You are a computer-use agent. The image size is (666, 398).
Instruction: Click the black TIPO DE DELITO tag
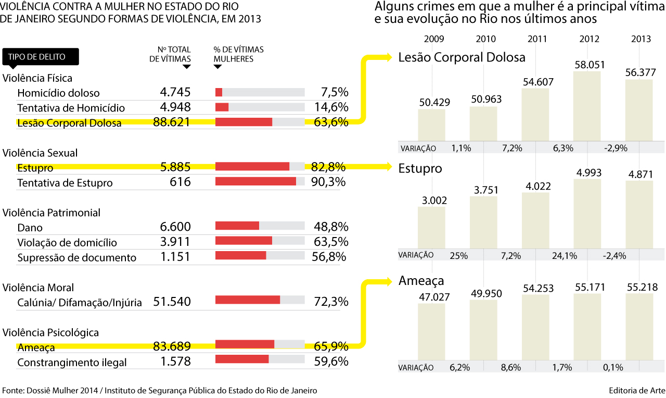(41, 56)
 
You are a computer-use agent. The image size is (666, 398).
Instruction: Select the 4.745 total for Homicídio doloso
(175, 93)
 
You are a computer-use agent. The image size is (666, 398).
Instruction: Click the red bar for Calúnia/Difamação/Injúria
(248, 300)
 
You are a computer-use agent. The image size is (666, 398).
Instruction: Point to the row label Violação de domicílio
(67, 242)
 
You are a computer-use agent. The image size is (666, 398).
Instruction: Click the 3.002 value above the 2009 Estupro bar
(431, 201)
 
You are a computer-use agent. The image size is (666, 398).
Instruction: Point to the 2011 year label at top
(536, 39)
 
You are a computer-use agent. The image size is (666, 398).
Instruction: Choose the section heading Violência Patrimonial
(52, 213)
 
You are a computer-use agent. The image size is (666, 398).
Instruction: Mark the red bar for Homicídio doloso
(219, 92)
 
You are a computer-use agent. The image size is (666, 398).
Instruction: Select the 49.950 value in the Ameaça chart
(483, 294)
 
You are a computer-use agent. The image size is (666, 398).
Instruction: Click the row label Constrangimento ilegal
(72, 362)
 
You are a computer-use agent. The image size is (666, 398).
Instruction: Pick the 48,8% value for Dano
(331, 227)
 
